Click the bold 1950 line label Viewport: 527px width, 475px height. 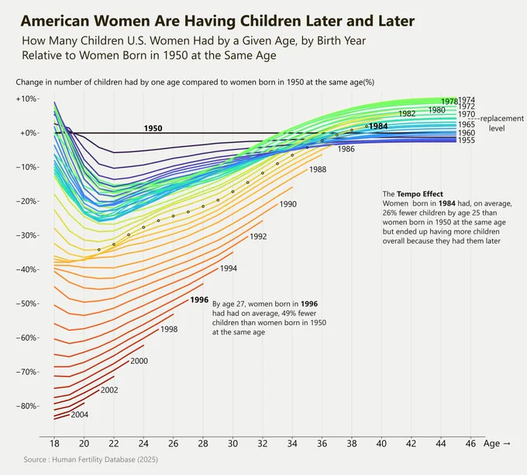[153, 128]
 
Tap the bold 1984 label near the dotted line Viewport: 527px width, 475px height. [378, 127]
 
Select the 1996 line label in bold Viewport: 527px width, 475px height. [199, 300]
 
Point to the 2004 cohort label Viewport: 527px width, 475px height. [80, 414]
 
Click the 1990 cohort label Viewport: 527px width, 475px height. [288, 204]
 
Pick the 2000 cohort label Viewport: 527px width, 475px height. [139, 361]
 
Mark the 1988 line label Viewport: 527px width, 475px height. [318, 169]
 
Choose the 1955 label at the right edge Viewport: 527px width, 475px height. [467, 140]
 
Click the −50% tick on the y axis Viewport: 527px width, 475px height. [27, 303]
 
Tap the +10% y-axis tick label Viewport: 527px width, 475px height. [27, 99]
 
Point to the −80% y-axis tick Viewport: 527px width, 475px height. [27, 406]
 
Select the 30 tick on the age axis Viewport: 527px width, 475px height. [232, 444]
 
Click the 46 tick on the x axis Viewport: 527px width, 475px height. [470, 444]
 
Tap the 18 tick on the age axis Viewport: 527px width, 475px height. [54, 444]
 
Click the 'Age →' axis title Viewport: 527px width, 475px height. [497, 444]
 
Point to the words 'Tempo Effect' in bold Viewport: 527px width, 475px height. [420, 194]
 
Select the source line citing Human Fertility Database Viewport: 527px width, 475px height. [91, 459]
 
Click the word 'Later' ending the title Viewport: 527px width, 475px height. [396, 21]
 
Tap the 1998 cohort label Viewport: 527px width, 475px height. [169, 329]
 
